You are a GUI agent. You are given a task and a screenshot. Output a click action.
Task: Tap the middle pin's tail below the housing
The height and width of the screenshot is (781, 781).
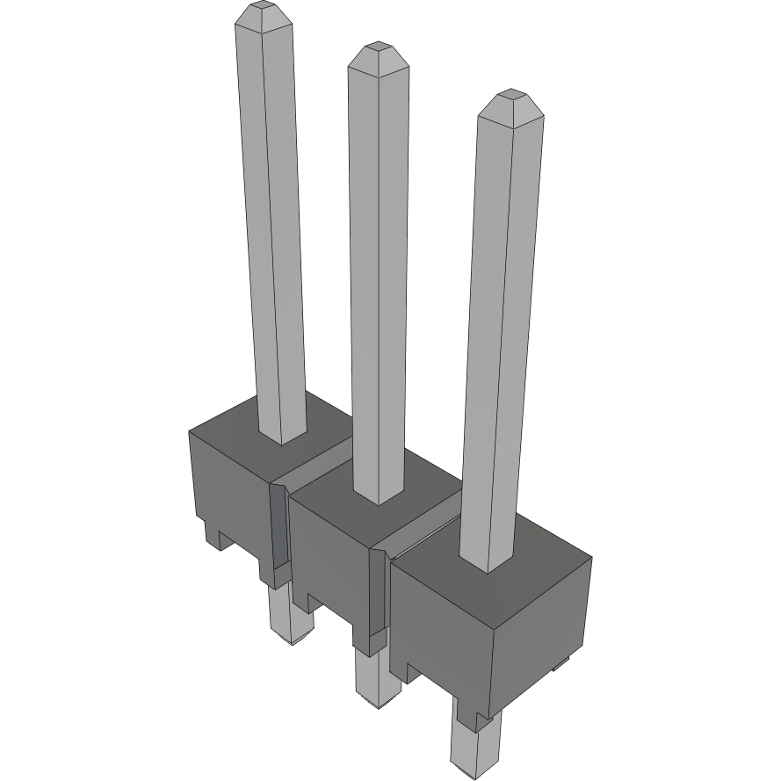pos(374,681)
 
